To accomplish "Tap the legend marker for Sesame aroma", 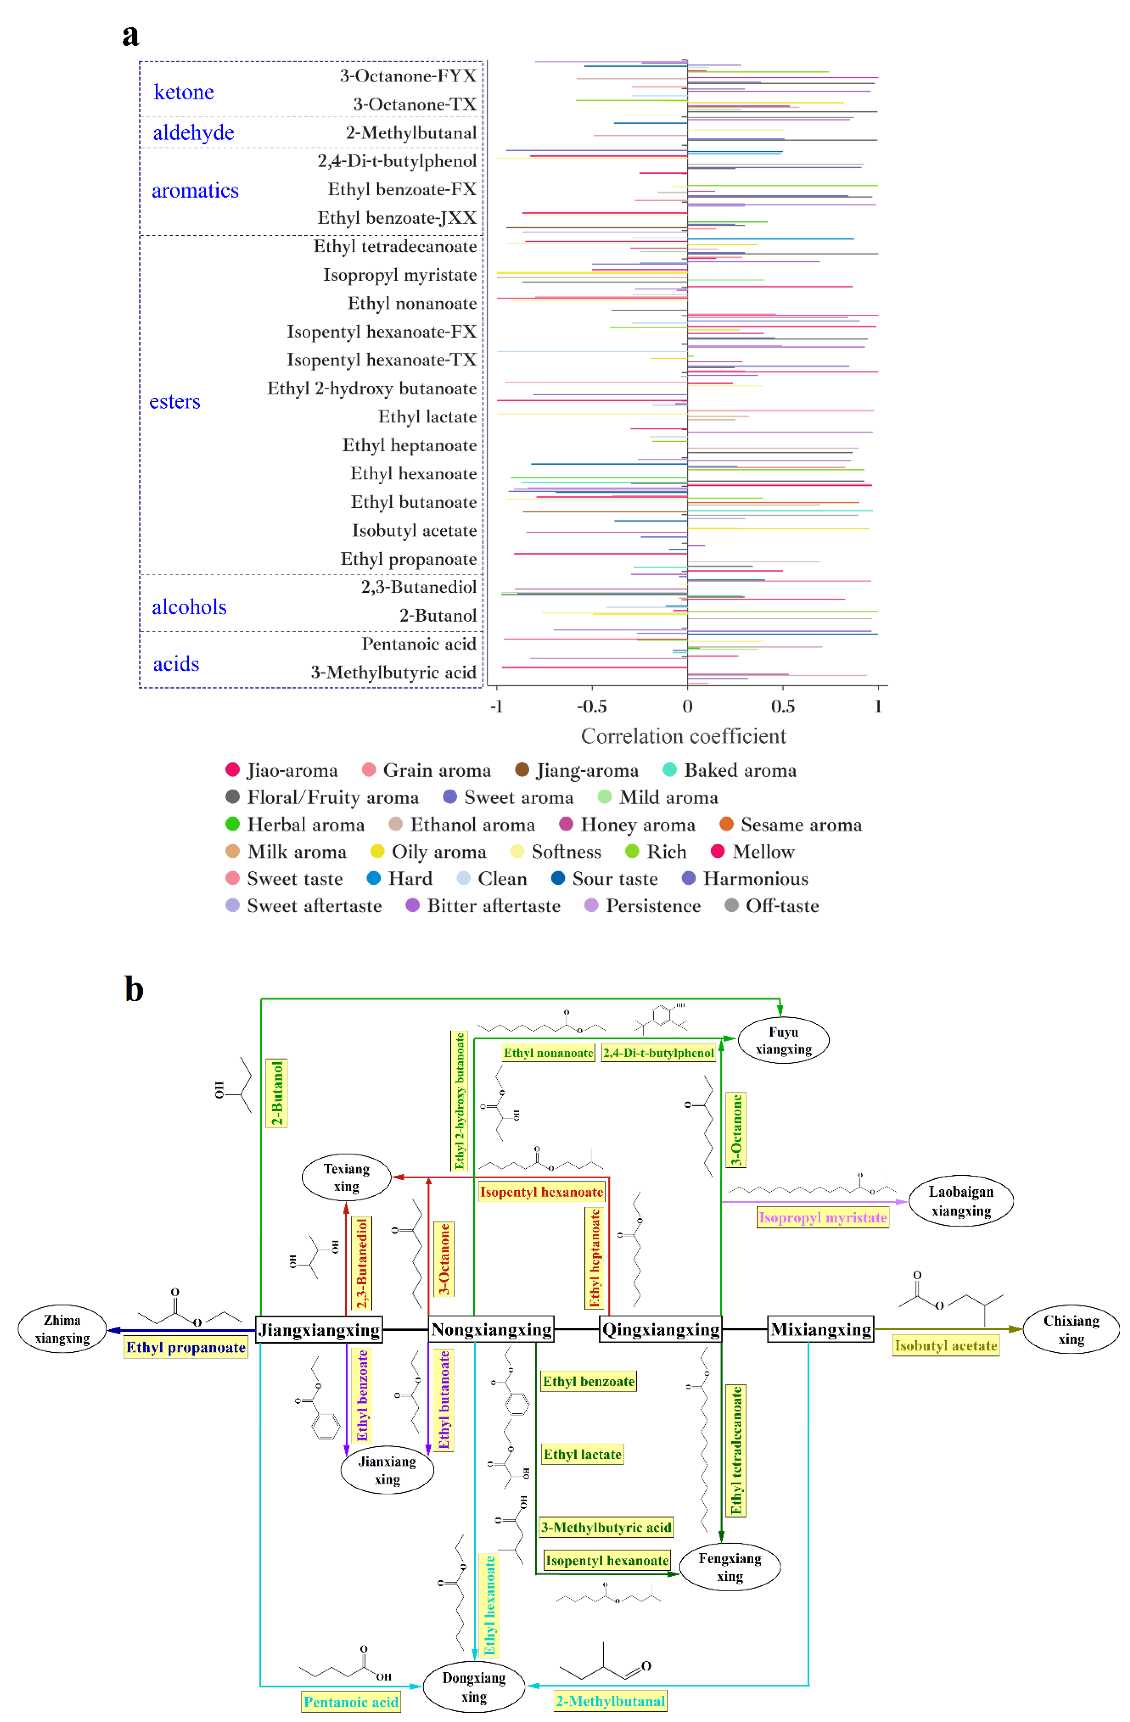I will tap(726, 824).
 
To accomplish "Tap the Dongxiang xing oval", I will tap(474, 1686).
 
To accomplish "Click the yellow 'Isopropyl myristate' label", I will tap(823, 1218).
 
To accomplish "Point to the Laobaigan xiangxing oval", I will tap(961, 1201).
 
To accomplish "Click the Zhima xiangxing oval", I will tap(62, 1329).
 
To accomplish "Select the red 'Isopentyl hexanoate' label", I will tap(541, 1192).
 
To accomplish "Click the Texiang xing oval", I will tap(346, 1177).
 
